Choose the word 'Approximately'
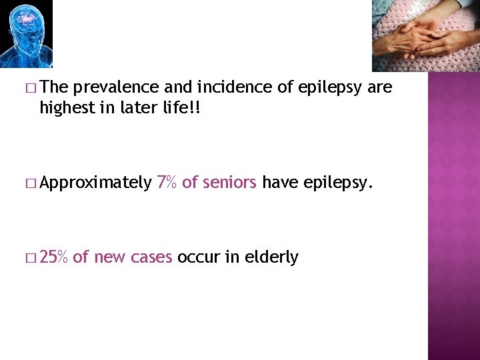pos(95,182)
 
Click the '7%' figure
pos(167,182)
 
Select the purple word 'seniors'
pos(229,182)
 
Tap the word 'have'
pos(281,182)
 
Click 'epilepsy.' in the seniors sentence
pos(336,183)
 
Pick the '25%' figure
pos(54,257)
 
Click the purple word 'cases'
pos(152,257)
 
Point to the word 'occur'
pos(198,257)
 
